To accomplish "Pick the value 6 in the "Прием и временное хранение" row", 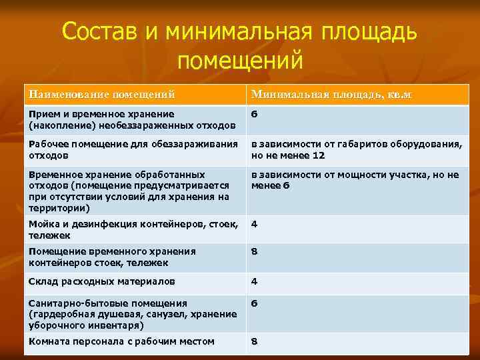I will coord(254,114).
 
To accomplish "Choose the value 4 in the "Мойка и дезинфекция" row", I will coord(254,224).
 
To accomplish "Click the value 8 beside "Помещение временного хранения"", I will coord(254,252).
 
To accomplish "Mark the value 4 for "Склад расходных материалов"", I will coord(254,281).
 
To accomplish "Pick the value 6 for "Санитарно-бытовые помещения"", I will coord(254,303).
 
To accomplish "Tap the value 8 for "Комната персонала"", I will coord(254,342).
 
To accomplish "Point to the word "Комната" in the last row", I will coord(47,342).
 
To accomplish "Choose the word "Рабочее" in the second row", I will coord(47,145).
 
